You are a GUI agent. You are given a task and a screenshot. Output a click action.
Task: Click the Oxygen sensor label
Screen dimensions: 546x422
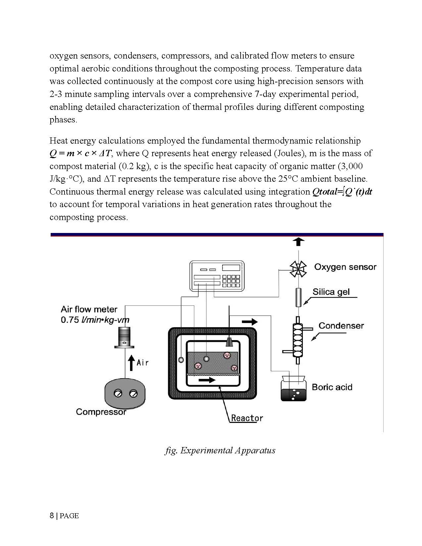(345, 267)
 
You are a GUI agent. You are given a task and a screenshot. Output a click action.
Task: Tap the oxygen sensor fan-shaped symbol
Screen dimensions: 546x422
(298, 268)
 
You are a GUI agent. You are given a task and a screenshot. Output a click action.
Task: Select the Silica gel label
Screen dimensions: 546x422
(331, 292)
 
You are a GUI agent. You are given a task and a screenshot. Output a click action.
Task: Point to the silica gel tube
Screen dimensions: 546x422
(299, 297)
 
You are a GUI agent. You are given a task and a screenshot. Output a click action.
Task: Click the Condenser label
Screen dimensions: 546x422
(341, 326)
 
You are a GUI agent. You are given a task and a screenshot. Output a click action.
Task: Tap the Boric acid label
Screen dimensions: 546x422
(332, 387)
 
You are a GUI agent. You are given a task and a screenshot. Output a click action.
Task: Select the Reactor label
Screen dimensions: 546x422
(247, 418)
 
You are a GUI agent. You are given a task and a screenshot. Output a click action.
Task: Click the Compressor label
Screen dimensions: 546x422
(101, 412)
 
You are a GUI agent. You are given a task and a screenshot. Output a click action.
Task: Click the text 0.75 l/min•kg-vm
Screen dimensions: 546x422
(95, 320)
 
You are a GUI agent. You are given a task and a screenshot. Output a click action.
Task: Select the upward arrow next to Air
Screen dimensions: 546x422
(131, 362)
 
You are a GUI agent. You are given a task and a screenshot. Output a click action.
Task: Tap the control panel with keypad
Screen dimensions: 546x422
(217, 276)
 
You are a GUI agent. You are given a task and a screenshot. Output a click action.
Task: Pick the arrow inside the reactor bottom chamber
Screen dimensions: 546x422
(207, 380)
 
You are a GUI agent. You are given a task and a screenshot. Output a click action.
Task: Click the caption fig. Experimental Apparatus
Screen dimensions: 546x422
(220, 450)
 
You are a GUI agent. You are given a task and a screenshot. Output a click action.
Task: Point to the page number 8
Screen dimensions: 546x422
(51, 516)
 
